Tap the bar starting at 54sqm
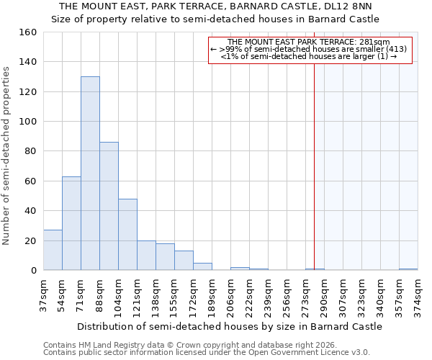click(x=71, y=223)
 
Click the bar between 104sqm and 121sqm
click(x=127, y=235)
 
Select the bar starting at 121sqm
click(x=146, y=256)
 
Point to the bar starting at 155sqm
click(x=184, y=261)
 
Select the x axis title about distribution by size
click(x=230, y=326)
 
